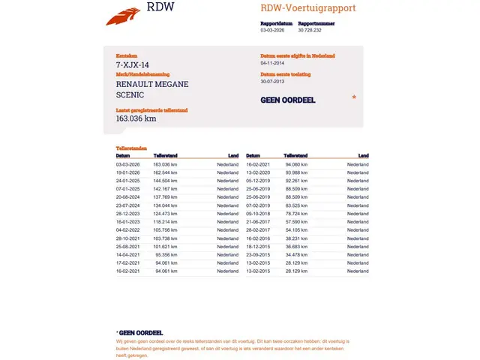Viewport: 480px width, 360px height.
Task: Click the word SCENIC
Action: pos(130,95)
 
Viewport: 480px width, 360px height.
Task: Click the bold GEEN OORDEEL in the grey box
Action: pos(287,100)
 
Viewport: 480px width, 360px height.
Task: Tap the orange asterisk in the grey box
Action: pos(354,97)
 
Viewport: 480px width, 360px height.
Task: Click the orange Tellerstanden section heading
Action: pos(131,148)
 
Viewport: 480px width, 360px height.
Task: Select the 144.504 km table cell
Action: pos(165,181)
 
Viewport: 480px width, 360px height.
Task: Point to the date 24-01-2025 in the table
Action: pos(127,181)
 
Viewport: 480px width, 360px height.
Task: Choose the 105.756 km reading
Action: pos(165,230)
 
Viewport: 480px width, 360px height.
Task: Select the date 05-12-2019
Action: pos(258,181)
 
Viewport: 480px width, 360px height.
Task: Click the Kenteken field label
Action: pos(127,56)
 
